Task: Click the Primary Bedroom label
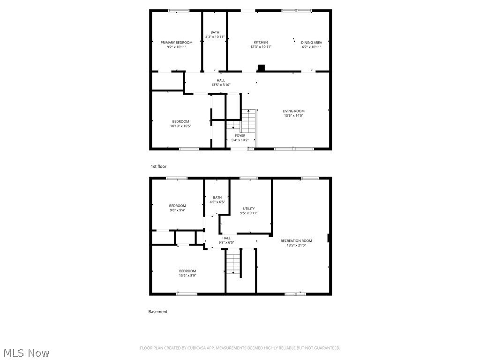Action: (176, 43)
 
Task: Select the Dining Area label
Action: (311, 43)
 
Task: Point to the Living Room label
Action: (293, 111)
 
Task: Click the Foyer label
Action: (240, 135)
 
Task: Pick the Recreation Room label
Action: (296, 241)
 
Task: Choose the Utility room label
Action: (249, 209)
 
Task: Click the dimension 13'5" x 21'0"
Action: (296, 245)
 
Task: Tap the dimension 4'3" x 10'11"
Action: (215, 37)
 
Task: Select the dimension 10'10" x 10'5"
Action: (180, 126)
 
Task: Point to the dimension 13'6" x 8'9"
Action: (187, 275)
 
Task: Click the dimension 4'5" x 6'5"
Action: (217, 202)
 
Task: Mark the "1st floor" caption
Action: (158, 166)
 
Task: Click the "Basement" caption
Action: (158, 312)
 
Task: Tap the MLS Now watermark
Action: (26, 352)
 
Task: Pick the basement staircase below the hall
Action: (233, 262)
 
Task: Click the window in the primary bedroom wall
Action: (179, 10)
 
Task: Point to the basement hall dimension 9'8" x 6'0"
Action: (226, 242)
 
